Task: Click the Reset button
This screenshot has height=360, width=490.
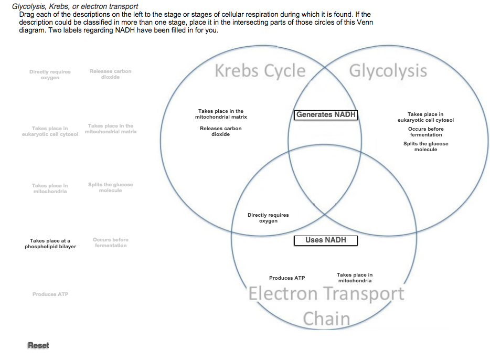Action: (38, 345)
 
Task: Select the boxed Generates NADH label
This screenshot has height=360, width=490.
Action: (326, 114)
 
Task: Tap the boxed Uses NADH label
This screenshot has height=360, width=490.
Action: (326, 240)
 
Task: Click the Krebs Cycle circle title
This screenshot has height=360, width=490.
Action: (260, 71)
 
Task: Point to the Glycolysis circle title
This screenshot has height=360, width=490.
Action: (388, 71)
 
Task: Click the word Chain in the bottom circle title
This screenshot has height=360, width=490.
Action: (326, 318)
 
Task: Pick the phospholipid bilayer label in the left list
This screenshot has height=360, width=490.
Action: (50, 243)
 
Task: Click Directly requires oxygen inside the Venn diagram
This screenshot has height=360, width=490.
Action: (268, 218)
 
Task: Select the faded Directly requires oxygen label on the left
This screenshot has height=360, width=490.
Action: (50, 75)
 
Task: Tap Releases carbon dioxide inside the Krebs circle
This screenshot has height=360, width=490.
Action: (221, 131)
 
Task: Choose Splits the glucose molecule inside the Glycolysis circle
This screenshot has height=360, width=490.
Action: (426, 146)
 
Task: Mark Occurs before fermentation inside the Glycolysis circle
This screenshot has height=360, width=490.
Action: (426, 132)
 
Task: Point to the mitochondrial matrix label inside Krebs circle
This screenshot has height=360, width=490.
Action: (221, 114)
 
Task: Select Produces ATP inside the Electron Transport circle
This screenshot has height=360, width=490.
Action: (287, 278)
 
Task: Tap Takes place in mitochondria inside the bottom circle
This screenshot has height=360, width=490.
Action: (355, 278)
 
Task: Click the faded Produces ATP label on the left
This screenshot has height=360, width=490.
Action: (50, 294)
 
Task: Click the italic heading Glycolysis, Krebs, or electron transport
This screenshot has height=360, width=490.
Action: (75, 6)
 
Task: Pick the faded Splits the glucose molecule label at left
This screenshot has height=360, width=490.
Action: (110, 187)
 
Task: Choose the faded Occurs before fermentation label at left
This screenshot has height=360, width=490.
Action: (110, 242)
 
